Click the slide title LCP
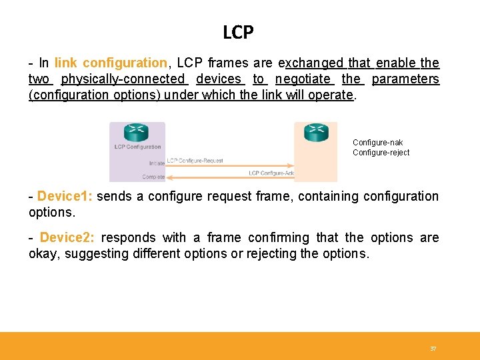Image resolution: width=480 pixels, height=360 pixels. pos(239,31)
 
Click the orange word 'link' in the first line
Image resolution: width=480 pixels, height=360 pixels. pos(65,63)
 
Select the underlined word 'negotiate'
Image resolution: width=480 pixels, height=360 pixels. pos(304,79)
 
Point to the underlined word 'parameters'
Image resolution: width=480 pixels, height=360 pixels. pos(405,79)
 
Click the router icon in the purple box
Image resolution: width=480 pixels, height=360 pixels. pos(137,132)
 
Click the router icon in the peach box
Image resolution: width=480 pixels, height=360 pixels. pos(316,131)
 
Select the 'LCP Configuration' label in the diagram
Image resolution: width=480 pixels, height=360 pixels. pos(137,147)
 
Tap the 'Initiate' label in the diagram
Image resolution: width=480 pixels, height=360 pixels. pos(157,163)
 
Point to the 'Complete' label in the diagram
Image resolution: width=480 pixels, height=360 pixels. pos(153,177)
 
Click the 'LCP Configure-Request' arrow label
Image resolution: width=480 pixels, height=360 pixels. pos(195,161)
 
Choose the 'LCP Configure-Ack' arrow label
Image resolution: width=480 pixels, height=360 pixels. pos(271,173)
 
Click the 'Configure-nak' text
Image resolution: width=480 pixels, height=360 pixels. pos(377,143)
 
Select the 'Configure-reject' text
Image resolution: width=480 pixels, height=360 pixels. pos(381,153)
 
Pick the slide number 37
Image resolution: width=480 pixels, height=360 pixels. pos(433,349)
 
